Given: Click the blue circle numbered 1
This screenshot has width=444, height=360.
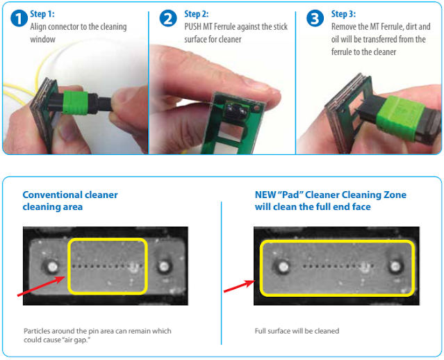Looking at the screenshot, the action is tap(19, 18).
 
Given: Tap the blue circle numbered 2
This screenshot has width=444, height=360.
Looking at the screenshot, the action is tap(168, 18).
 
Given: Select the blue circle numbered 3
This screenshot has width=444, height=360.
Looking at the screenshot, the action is tap(315, 18).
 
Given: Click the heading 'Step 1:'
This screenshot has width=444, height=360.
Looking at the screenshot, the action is tap(42, 14).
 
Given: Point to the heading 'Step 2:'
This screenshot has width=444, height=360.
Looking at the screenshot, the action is tap(196, 14).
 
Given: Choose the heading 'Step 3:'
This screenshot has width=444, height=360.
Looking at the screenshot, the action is tap(343, 14).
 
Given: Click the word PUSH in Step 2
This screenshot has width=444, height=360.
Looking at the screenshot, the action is tap(192, 26).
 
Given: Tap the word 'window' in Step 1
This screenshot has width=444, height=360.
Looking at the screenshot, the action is tap(43, 39).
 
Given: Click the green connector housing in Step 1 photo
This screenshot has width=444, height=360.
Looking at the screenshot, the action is tap(75, 103).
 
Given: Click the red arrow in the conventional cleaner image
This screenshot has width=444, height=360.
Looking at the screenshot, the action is tap(42, 286).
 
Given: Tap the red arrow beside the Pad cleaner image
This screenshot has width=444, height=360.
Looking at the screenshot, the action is tap(240, 286).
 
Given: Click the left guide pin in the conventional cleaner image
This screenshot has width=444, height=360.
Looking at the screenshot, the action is tap(52, 267).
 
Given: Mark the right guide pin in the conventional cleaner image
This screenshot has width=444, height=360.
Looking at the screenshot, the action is tap(164, 266).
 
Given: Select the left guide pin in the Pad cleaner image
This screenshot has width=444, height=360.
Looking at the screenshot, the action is tap(283, 267).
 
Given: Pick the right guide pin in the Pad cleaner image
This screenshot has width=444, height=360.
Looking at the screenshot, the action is tap(395, 266).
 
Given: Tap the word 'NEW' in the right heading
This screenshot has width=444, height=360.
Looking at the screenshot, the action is tap(265, 195).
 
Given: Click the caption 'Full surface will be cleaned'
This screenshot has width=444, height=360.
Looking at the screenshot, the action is tap(297, 331).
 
